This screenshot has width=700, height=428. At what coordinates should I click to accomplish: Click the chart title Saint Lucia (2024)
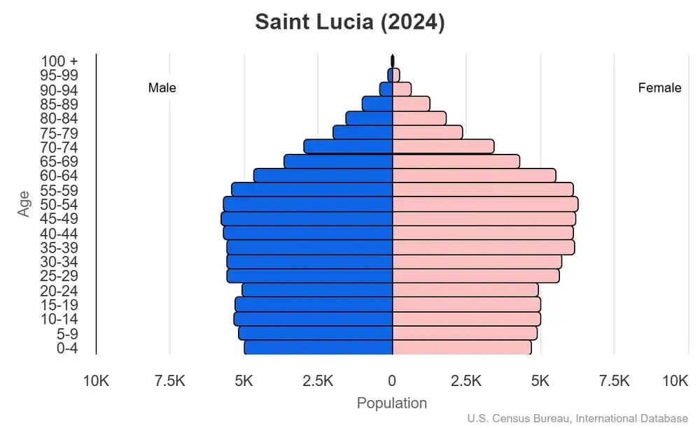(349, 22)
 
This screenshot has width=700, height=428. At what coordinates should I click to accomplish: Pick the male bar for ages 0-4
(318, 348)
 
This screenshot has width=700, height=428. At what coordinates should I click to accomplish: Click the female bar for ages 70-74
(442, 147)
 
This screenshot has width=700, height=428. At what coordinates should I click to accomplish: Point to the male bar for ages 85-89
(377, 104)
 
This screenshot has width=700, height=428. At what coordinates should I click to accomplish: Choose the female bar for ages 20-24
(465, 290)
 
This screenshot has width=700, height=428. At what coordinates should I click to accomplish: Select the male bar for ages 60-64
(323, 176)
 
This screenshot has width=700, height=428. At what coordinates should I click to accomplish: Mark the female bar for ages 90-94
(402, 90)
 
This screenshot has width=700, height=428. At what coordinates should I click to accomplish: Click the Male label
(162, 88)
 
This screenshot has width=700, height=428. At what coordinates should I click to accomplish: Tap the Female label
(659, 88)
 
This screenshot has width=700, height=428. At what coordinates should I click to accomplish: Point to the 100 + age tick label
(59, 62)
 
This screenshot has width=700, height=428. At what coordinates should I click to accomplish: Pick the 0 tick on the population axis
(392, 381)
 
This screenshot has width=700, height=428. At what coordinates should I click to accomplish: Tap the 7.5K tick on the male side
(169, 381)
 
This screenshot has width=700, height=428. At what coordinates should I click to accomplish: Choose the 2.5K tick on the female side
(466, 381)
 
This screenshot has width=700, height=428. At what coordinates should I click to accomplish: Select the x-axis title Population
(392, 404)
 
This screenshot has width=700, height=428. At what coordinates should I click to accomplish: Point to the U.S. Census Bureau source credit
(577, 419)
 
